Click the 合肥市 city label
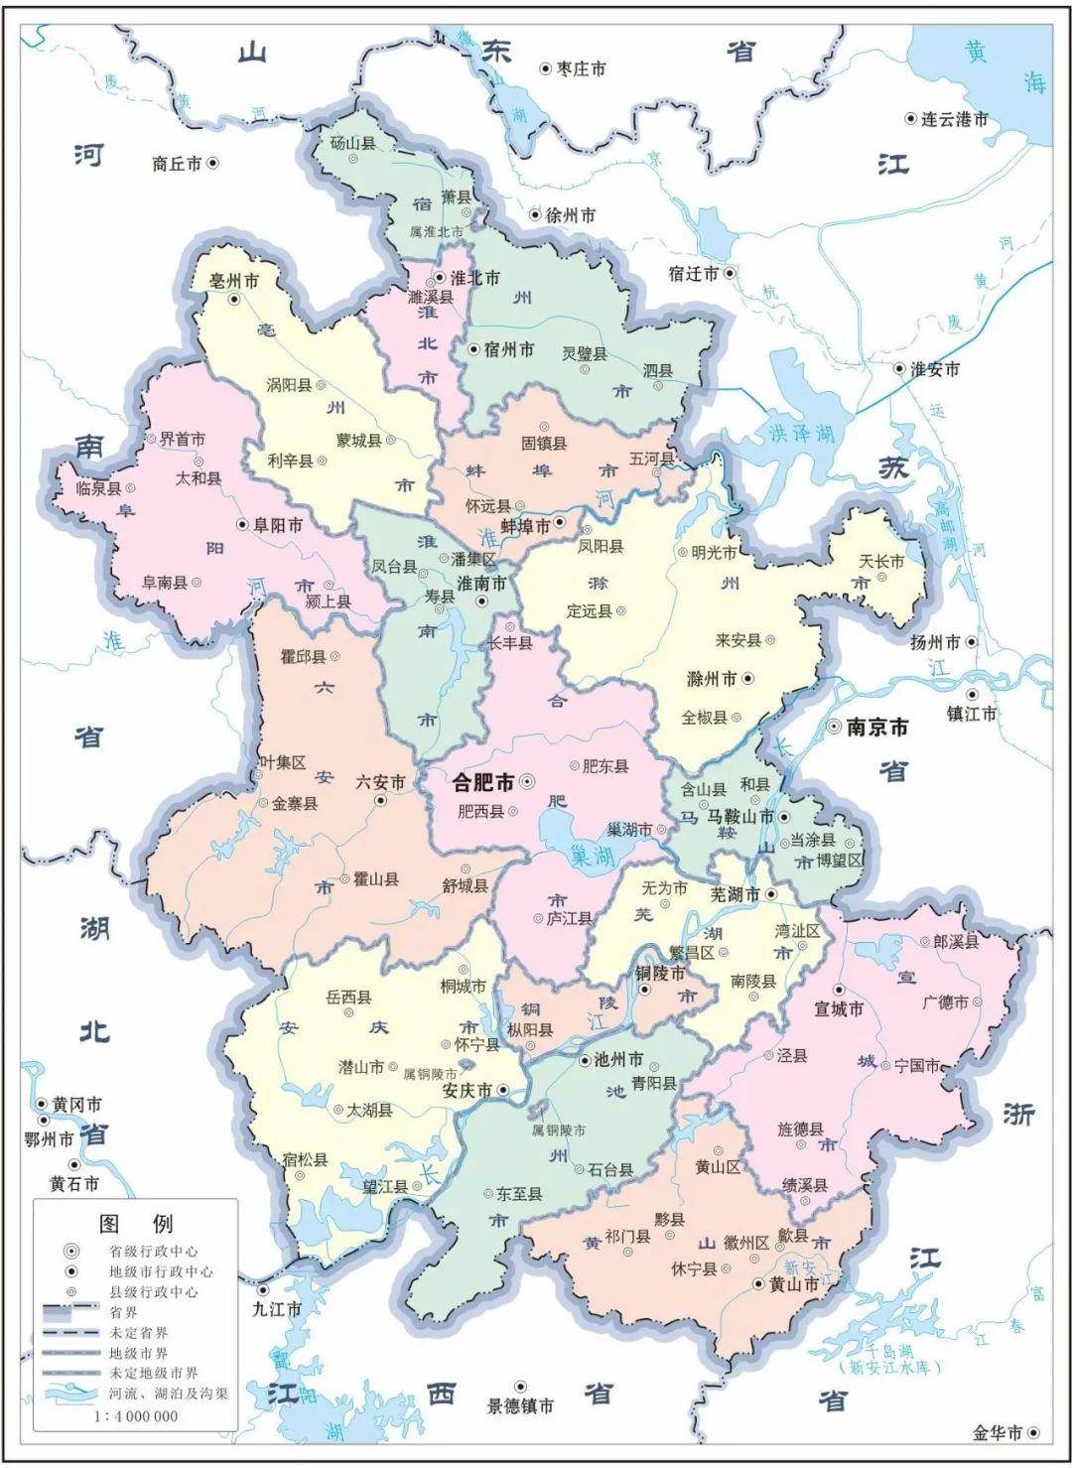pos(483,783)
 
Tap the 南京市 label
pos(876,728)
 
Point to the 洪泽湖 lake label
pos(800,433)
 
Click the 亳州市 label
pos(233,281)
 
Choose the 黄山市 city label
pos(794,1284)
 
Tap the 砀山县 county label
pos(353,143)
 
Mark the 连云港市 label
pos(955,119)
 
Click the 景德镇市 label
pos(520,1405)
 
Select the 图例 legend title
pos(135,1223)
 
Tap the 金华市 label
pos(998,1432)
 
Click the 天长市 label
pos(881,562)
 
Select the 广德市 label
pos(945,1002)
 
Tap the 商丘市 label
pos(177,164)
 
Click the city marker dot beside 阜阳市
pos(241,524)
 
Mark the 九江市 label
pos(277,1309)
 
